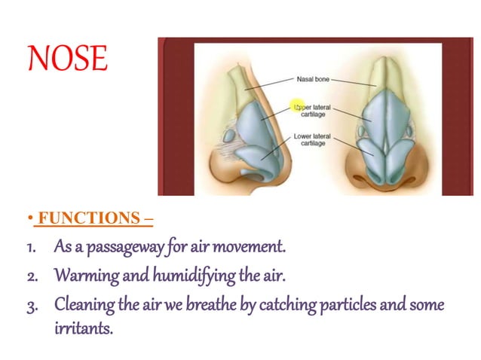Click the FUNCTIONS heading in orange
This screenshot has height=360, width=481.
point(94,219)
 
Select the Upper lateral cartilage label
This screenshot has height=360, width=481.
point(314,111)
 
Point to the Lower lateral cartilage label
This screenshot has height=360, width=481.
point(313,139)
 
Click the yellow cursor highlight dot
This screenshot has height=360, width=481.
point(298,107)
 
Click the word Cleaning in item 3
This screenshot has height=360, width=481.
point(84,305)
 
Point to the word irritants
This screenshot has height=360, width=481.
point(83,329)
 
